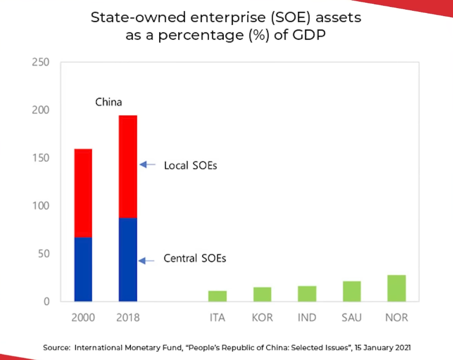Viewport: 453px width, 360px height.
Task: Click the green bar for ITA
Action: (217, 296)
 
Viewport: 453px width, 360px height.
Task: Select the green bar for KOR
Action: (263, 294)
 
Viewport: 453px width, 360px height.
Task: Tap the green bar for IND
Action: (307, 294)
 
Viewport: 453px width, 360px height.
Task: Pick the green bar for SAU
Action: (352, 291)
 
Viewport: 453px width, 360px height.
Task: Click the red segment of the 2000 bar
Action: (83, 193)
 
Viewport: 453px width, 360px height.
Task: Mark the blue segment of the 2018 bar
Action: (128, 259)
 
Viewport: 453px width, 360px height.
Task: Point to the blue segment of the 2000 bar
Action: (83, 269)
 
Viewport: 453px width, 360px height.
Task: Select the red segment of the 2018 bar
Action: (128, 166)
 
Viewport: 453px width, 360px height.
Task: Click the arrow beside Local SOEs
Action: (147, 165)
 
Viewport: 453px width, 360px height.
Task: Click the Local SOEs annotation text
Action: (190, 166)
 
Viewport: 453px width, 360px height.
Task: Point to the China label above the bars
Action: (109, 102)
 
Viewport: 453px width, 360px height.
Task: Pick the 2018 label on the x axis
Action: (128, 317)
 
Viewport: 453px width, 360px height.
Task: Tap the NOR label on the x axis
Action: (397, 317)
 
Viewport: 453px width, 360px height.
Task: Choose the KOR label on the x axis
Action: (263, 317)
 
